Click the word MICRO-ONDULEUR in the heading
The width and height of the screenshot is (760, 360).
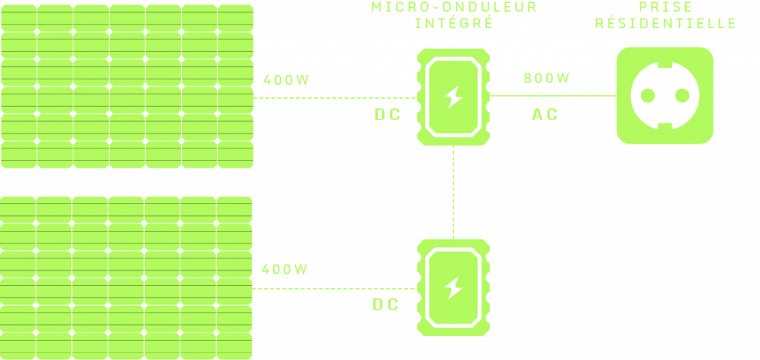coord(454,7)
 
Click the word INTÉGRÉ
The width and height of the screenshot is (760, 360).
coord(454,22)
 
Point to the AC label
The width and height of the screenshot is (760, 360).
coord(545,115)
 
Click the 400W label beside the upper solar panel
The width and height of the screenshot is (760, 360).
coord(285,81)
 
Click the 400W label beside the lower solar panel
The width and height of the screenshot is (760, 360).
coord(285,269)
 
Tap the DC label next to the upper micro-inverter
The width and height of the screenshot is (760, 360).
coord(387,115)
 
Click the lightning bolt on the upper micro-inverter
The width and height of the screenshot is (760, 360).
coord(453,96)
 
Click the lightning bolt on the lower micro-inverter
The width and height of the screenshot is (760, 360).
coord(453,287)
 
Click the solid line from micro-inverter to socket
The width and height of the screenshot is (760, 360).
coord(553,96)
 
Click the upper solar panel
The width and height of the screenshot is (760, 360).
coord(126,85)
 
